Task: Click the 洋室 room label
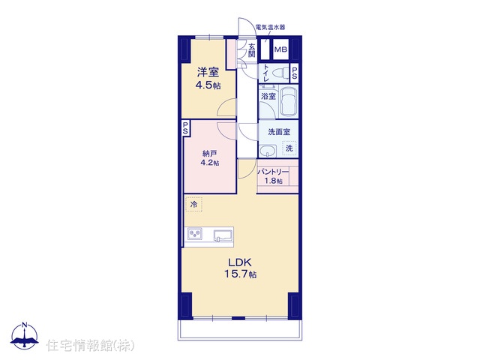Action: pyautogui.click(x=208, y=73)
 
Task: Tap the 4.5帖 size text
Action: pyautogui.click(x=208, y=85)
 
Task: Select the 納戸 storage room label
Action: pyautogui.click(x=210, y=153)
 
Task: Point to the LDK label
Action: pyautogui.click(x=240, y=262)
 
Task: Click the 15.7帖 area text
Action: pyautogui.click(x=240, y=274)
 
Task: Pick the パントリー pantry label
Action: pyautogui.click(x=273, y=172)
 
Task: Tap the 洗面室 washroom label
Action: pyautogui.click(x=279, y=132)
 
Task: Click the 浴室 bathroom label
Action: pyautogui.click(x=268, y=97)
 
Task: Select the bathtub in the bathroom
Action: pyautogui.click(x=289, y=101)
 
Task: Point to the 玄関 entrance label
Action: pyautogui.click(x=252, y=50)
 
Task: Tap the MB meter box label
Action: pyautogui.click(x=280, y=49)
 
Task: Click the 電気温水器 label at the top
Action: pyautogui.click(x=270, y=27)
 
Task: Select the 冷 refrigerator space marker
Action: pyautogui.click(x=193, y=204)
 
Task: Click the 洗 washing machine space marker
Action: pyautogui.click(x=289, y=148)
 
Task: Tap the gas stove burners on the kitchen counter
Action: pyautogui.click(x=194, y=234)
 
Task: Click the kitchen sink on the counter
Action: pyautogui.click(x=223, y=235)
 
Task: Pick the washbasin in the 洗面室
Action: pyautogui.click(x=267, y=151)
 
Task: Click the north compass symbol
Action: pyautogui.click(x=25, y=336)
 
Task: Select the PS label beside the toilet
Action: pyautogui.click(x=294, y=73)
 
